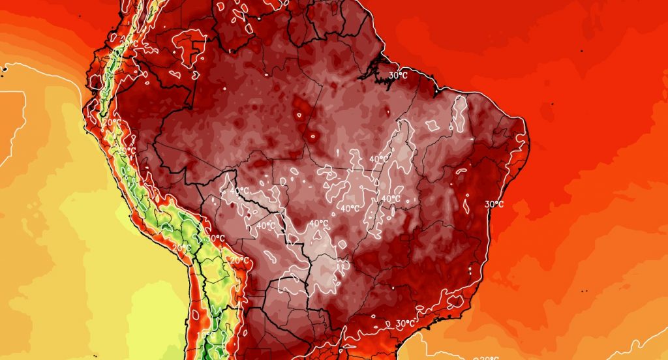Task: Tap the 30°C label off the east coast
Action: (494, 204)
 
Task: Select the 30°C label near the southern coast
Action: (405, 322)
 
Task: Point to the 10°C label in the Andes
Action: (127, 151)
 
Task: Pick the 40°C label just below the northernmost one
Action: (391, 198)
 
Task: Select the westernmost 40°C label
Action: (239, 190)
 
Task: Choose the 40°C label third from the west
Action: (318, 223)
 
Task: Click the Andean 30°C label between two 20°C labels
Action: (215, 238)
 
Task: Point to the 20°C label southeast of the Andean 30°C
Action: (239, 260)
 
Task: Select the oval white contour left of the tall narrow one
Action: (433, 123)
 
